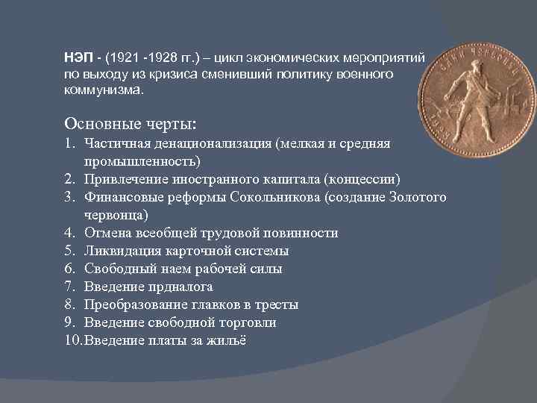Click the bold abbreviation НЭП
(80, 57)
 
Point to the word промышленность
(142, 160)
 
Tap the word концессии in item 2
(368, 179)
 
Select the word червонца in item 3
(116, 215)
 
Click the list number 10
(72, 340)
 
